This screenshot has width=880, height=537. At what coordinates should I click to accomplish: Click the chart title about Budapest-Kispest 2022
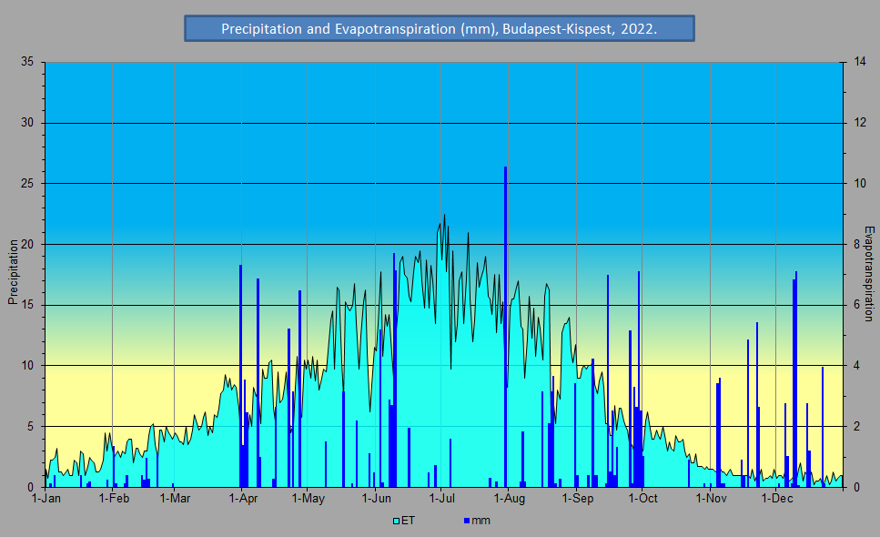[440, 29]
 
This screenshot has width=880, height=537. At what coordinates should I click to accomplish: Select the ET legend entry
[403, 521]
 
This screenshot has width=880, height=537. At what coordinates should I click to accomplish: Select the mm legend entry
[477, 521]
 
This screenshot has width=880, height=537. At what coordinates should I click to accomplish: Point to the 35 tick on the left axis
[26, 62]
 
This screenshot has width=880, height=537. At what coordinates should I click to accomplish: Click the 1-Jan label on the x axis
[46, 498]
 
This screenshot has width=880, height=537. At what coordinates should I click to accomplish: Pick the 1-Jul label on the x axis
[441, 498]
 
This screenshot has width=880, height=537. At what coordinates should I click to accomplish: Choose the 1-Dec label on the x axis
[775, 498]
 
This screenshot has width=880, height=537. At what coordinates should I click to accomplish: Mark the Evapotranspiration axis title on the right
[868, 274]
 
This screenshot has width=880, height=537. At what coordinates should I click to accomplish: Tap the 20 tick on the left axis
[26, 244]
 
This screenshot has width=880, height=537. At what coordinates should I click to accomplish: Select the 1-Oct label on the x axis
[642, 498]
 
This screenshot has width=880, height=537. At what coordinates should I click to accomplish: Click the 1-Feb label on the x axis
[113, 498]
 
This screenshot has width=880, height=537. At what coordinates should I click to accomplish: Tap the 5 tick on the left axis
[30, 426]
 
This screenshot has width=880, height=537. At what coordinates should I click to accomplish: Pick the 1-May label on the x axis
[309, 498]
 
